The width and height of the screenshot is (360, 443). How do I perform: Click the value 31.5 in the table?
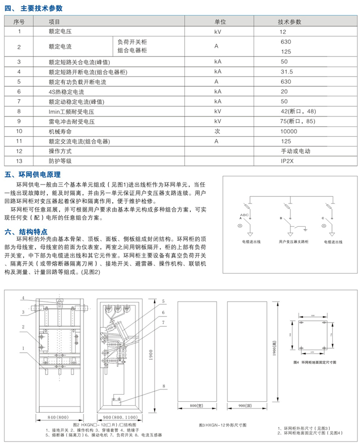pos(286,72)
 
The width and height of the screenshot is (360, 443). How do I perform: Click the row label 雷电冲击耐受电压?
pos(72,121)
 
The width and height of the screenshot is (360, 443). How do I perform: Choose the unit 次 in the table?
pos(218,131)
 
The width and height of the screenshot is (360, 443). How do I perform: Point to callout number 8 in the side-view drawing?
pos(163,386)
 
